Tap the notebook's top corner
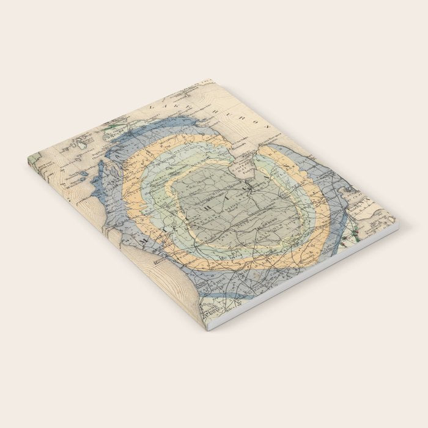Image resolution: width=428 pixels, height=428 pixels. coord(211,80)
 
